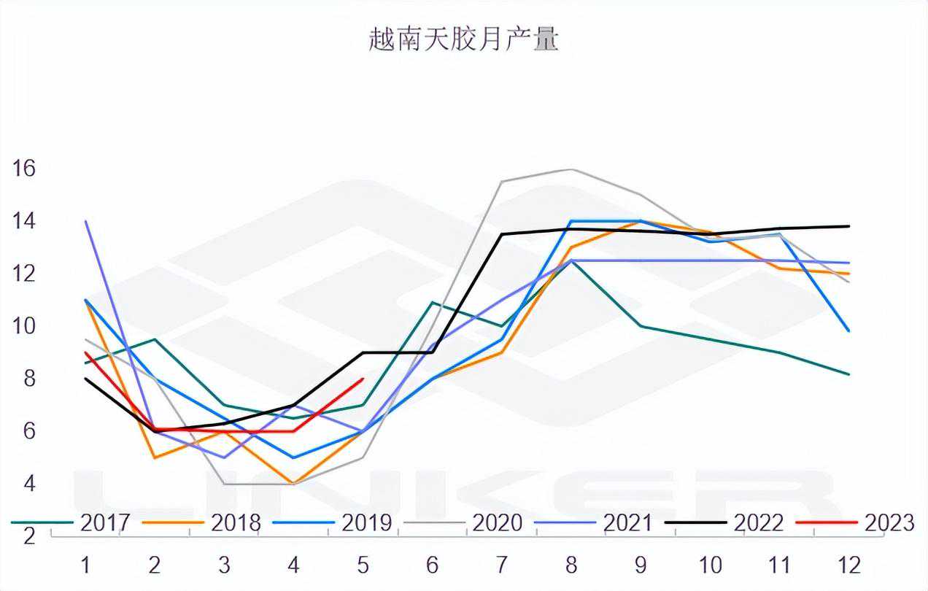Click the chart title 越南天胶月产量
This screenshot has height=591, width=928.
point(463,40)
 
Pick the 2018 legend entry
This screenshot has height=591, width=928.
point(235,522)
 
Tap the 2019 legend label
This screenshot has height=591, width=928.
point(366,522)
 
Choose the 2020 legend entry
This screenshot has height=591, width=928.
point(497,522)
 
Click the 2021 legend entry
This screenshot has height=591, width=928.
point(627,522)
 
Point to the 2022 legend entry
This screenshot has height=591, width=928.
point(758,522)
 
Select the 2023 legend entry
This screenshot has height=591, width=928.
point(889,522)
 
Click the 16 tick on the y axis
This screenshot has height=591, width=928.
point(24,169)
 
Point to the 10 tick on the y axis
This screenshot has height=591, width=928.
point(24,326)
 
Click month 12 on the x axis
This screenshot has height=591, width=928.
point(849,564)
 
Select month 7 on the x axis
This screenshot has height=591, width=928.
point(502,564)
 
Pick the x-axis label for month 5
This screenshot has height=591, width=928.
point(363,564)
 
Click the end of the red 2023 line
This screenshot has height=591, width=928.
point(363,379)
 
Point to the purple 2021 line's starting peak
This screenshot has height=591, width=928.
point(86,221)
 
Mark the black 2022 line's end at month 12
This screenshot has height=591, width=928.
point(849,226)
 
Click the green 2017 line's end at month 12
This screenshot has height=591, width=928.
point(849,374)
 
